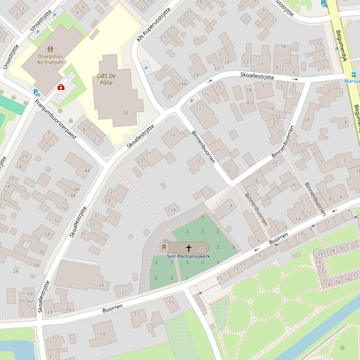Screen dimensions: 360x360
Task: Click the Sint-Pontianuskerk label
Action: pos(188,257)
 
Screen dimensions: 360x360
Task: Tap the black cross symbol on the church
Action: pos(189,248)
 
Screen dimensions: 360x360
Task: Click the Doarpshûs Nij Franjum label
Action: pos(50,59)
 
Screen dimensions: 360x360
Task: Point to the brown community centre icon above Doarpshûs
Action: pos(50,49)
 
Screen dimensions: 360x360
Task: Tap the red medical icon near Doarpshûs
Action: pos(61,87)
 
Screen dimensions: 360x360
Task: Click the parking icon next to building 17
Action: pos(191,101)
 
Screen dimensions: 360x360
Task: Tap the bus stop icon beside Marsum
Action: pos(353,74)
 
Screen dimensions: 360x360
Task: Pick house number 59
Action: pos(103,334)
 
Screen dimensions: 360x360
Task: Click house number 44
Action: pos(86,171)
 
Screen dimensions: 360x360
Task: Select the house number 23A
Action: pos(172,210)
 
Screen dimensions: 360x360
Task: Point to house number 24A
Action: pos(182,84)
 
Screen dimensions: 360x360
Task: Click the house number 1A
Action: pos(283,47)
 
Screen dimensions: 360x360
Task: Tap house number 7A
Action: pos(249,90)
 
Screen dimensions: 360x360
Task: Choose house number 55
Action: pos(171,302)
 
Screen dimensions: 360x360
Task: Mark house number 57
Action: pos(137,313)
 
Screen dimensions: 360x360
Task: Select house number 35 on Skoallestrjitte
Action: pos(83,233)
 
